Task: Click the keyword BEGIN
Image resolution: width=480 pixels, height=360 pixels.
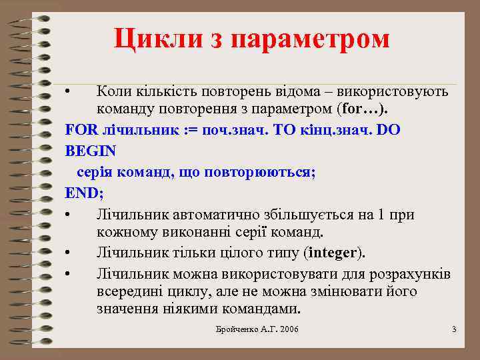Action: point(91,151)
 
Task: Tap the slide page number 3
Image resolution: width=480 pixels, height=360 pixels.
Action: point(454,330)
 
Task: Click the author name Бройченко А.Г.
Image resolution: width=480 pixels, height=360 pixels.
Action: point(243,330)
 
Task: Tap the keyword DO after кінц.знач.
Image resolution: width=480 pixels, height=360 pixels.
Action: point(389,131)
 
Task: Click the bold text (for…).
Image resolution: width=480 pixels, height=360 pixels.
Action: point(366,109)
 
